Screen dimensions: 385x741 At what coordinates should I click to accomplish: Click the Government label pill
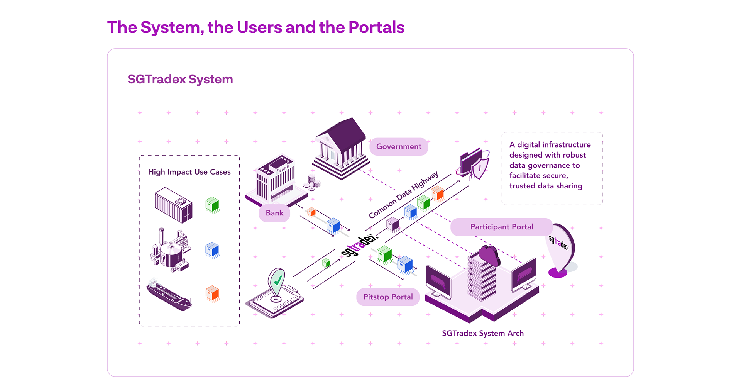coord(399,147)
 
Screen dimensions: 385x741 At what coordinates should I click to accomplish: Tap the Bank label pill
coord(274,213)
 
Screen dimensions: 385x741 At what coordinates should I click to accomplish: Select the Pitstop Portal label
coord(388,297)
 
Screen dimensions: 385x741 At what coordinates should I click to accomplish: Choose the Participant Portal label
coord(501,227)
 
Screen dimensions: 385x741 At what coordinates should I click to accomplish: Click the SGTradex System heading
coord(180,79)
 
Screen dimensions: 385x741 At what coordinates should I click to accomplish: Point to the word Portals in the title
coord(376,27)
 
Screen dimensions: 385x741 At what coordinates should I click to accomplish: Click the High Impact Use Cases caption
coord(189,172)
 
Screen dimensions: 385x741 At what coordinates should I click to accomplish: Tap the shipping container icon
coord(173,205)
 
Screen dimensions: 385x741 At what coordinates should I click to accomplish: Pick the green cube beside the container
coord(212,204)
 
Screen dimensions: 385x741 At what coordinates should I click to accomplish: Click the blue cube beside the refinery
coord(212,249)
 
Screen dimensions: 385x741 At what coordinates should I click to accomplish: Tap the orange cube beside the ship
coord(212,293)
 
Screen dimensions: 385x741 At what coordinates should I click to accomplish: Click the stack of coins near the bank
coord(313,182)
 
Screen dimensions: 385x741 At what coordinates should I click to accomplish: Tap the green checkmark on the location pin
coord(277,281)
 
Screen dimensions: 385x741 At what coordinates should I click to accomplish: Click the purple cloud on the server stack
coord(489,255)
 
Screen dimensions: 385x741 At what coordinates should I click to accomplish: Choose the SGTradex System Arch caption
coord(482,333)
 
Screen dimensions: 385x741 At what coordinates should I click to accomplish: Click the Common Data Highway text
coord(403,195)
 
